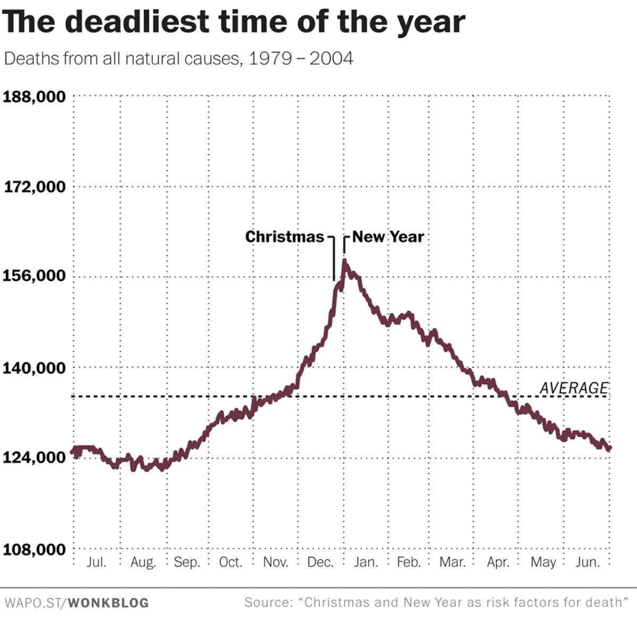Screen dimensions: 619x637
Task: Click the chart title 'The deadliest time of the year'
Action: click(x=234, y=22)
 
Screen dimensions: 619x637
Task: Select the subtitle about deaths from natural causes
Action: click(x=178, y=58)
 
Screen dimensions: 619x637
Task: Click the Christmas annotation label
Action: click(x=285, y=237)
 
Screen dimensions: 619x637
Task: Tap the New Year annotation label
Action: click(x=388, y=237)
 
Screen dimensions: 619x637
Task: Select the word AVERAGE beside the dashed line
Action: click(x=574, y=388)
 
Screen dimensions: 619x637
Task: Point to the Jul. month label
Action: click(x=96, y=562)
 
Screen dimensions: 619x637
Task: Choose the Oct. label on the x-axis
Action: click(x=231, y=562)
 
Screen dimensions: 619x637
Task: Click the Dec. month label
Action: click(x=320, y=562)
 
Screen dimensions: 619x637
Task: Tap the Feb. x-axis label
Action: click(x=409, y=562)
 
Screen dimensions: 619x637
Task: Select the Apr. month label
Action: click(x=498, y=562)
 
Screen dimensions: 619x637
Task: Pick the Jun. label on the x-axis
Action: click(x=588, y=562)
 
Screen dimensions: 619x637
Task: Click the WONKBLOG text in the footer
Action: click(x=108, y=603)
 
